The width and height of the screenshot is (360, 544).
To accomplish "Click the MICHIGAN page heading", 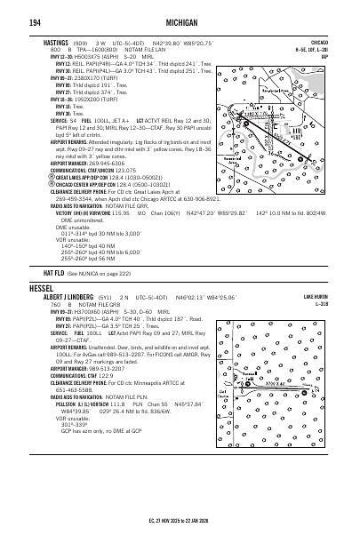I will (x=180, y=20).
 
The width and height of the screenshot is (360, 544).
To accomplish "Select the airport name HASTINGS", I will (x=57, y=42).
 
